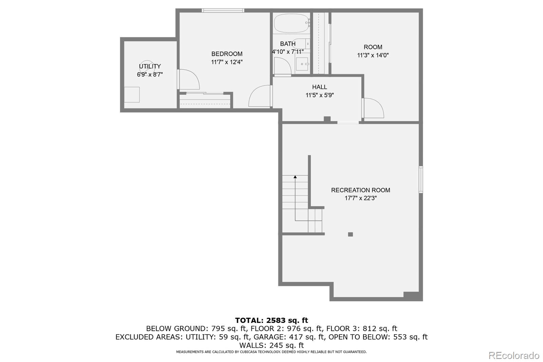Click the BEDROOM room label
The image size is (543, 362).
(x=227, y=54)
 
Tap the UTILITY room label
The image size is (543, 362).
(x=150, y=67)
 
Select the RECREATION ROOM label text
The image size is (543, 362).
(x=361, y=190)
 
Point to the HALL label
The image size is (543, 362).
(x=319, y=87)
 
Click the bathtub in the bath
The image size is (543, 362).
(x=292, y=23)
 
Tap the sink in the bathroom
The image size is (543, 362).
(x=302, y=64)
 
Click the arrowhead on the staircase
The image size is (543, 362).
(x=295, y=177)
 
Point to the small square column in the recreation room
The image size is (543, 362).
(x=350, y=234)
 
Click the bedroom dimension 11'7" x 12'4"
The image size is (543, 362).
(x=227, y=62)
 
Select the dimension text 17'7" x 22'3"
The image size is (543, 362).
(x=361, y=198)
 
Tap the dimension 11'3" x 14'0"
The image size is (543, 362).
(x=373, y=55)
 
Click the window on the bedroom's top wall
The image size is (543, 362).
(x=223, y=11)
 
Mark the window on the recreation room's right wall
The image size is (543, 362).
(x=421, y=180)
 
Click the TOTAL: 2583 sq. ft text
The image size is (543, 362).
(x=271, y=321)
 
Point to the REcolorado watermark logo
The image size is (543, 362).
(x=514, y=356)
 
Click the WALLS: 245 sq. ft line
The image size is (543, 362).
(x=271, y=345)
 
